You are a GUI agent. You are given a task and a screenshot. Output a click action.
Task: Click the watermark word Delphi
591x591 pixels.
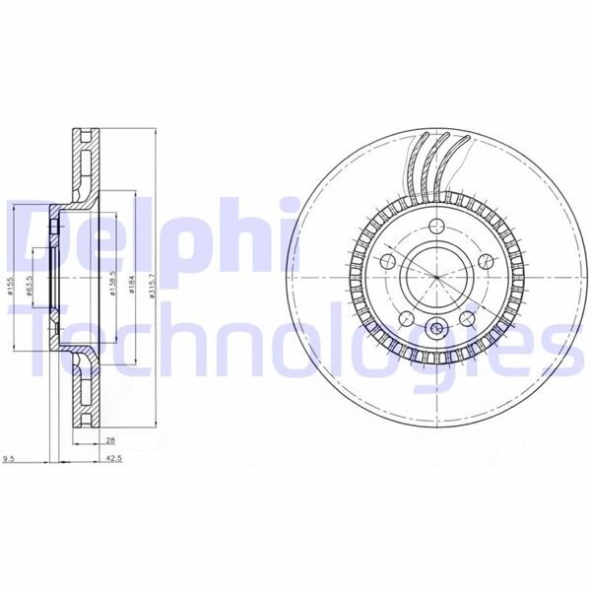(x=148, y=236)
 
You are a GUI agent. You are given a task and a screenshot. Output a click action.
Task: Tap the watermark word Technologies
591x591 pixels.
(x=286, y=340)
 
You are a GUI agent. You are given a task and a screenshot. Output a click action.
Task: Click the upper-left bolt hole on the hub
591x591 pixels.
(x=387, y=261)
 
